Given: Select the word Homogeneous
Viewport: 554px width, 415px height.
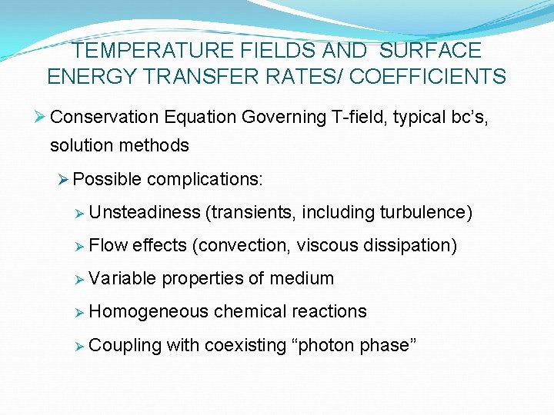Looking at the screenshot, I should (x=149, y=311).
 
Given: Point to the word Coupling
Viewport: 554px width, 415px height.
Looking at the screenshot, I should (x=125, y=345).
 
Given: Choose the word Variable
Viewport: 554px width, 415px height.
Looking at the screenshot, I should (x=122, y=278).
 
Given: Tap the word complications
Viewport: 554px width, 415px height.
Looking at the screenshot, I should (x=205, y=179).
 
